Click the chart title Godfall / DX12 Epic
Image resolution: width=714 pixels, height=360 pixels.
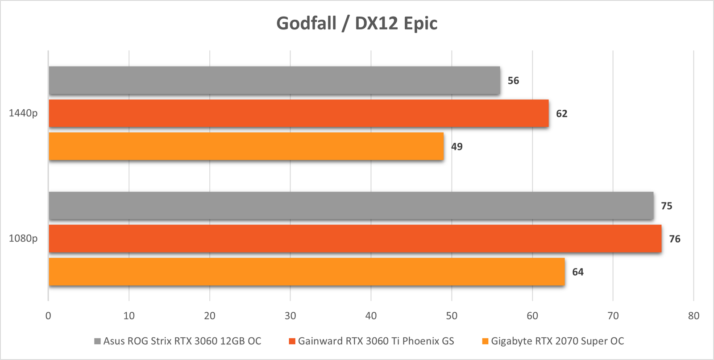357,23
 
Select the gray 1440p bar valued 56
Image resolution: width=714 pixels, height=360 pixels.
274,80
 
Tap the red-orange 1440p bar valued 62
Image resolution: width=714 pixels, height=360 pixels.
299,113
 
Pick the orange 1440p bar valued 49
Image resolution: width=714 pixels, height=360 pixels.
246,146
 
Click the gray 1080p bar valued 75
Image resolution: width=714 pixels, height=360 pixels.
351,206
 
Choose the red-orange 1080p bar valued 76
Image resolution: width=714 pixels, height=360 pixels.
355,239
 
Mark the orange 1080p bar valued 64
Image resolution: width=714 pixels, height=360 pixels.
307,272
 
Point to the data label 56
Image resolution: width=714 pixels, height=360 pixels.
513,81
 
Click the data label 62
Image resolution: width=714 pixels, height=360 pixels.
561,114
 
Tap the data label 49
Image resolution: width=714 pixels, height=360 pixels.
457,147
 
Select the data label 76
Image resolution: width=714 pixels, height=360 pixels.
674,239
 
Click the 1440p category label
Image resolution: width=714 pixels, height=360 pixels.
23,113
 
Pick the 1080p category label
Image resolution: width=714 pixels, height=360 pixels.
23,239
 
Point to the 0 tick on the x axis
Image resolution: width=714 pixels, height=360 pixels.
48,316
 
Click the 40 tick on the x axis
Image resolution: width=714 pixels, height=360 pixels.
371,316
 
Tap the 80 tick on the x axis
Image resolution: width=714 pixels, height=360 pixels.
693,316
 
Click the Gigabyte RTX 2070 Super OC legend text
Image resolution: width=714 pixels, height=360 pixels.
557,341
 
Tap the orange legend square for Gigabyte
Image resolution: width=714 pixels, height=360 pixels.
485,341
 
